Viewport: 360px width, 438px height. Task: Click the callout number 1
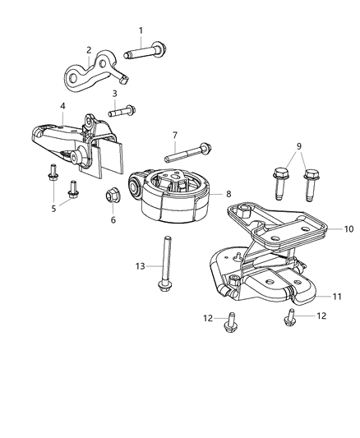point(141,31)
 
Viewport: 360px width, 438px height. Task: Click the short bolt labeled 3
point(124,108)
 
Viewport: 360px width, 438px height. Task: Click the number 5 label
point(55,208)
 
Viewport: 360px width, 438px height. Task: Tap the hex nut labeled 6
point(113,197)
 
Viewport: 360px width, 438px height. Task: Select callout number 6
point(113,220)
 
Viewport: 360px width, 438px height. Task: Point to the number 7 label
point(174,135)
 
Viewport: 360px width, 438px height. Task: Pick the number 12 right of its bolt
point(322,316)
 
